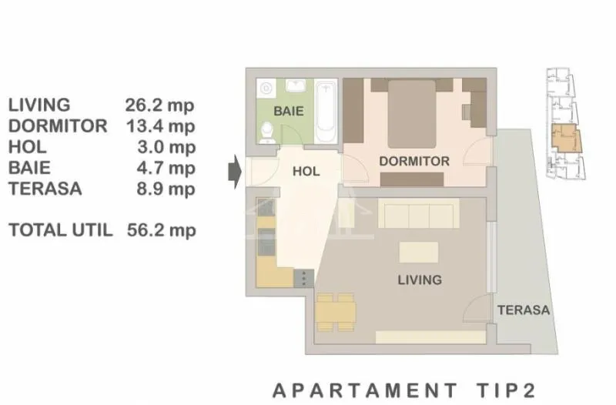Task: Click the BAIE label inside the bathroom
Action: coord(289,111)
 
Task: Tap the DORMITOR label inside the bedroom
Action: coord(414,161)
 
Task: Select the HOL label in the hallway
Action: coord(306,171)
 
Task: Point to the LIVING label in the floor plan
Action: coord(420,279)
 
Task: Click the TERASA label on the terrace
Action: coord(524,310)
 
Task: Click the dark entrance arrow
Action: coord(235,172)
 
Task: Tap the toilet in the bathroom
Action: coord(267,132)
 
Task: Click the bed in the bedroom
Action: coord(412,114)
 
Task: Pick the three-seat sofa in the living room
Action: coord(418,213)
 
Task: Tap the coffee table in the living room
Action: coord(418,253)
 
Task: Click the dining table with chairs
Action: coord(336,313)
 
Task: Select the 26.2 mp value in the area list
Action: coord(159,105)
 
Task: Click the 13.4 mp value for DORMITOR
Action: coord(160,126)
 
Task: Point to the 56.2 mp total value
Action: coord(162,230)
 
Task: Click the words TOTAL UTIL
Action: coord(61,230)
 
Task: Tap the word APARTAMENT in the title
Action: coord(365,390)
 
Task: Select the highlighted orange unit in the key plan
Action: coord(567,139)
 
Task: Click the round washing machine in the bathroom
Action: coord(265,88)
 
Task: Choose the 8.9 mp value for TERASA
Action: coord(166,189)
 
